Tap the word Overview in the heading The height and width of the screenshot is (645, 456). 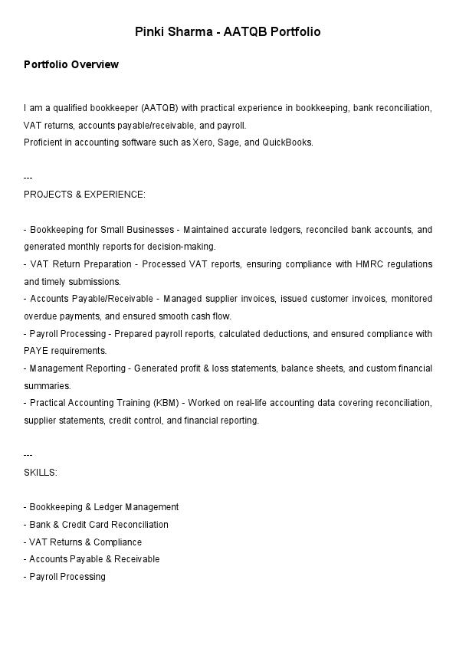95,65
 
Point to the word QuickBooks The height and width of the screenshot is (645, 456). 288,142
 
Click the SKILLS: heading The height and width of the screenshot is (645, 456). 41,473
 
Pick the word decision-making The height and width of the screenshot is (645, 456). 184,247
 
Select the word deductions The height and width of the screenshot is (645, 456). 287,334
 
